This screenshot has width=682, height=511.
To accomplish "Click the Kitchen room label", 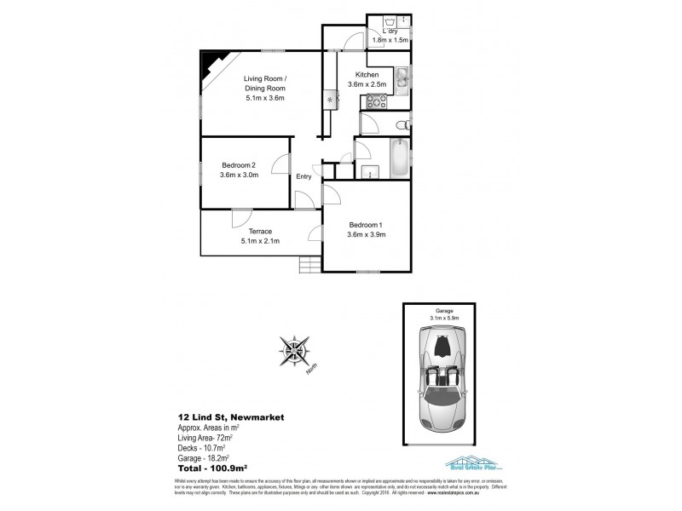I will [367, 75].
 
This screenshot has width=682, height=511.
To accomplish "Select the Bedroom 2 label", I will [240, 165].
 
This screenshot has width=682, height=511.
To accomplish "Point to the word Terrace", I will [260, 231].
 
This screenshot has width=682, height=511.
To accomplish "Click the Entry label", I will [303, 177].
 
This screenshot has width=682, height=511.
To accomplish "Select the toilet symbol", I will [402, 125].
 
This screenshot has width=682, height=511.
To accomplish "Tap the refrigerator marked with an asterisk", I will [331, 100].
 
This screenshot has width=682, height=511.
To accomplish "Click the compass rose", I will [295, 352].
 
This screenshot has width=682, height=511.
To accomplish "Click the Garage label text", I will [441, 312].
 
